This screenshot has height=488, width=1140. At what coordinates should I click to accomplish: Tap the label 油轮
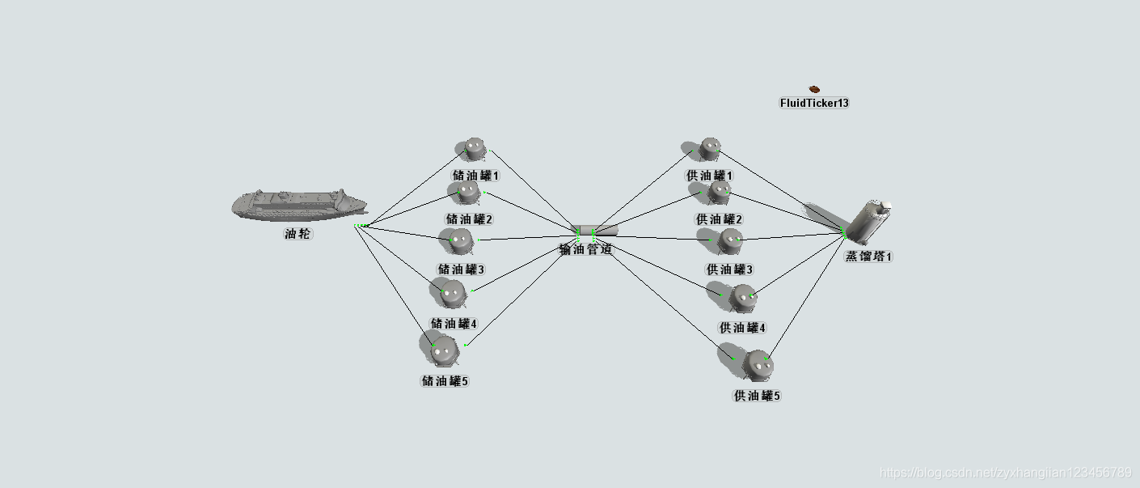tap(298, 234)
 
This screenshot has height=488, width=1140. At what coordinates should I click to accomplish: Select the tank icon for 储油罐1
tap(474, 149)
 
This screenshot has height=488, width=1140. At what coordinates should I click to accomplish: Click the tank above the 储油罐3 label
tap(459, 240)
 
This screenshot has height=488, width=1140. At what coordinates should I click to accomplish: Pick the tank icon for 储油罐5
tap(444, 350)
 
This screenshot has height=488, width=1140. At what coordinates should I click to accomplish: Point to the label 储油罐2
tap(469, 219)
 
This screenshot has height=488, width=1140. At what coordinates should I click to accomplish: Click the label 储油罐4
tap(454, 324)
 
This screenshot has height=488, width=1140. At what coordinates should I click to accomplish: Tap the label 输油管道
tap(586, 250)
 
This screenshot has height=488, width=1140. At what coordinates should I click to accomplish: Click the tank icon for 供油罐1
tap(710, 148)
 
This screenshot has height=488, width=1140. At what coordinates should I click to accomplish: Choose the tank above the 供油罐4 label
tap(743, 297)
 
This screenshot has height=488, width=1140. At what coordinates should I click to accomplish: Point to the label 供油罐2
tap(719, 219)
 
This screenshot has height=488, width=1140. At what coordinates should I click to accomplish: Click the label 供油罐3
tap(729, 269)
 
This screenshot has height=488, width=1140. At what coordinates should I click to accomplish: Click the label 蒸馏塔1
tap(869, 257)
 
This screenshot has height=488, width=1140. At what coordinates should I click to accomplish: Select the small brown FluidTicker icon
tap(814, 89)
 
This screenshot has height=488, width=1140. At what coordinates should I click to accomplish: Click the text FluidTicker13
tap(814, 103)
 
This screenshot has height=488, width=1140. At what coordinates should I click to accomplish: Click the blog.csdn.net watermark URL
tap(1005, 473)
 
